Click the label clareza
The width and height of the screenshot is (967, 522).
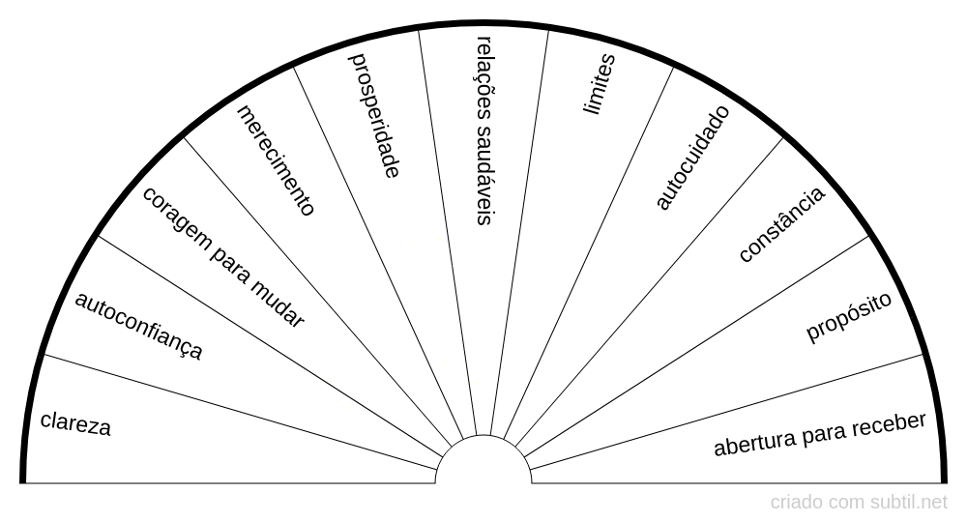75,424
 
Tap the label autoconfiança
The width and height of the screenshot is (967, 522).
138,326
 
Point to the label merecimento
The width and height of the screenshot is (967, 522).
276,160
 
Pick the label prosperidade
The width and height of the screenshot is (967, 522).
374,115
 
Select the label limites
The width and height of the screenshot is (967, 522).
599,84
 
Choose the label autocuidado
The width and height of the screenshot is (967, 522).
692,158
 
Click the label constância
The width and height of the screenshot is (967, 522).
781,224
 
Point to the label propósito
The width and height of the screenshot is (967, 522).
849,316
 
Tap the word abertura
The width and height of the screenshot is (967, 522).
754,443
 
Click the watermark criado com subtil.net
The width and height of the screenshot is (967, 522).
859,503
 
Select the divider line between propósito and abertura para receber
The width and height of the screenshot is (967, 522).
724,413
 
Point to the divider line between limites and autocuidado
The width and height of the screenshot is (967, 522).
588,252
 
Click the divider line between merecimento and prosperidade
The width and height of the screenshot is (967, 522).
378,252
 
